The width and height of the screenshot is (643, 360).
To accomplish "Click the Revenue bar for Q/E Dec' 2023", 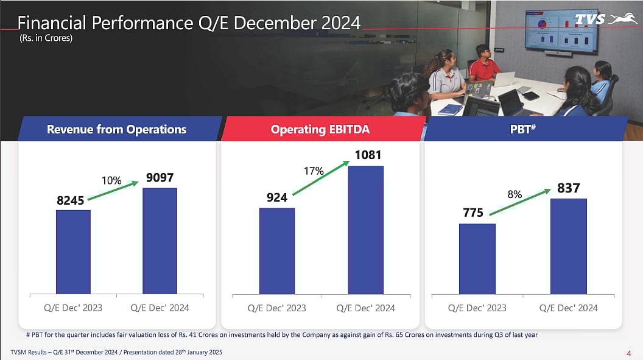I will (73, 252).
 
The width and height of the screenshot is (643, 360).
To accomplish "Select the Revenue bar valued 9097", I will (160, 241).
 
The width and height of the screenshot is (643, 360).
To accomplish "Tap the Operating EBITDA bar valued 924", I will (277, 251).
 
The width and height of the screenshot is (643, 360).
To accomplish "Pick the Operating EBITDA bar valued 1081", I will (365, 230).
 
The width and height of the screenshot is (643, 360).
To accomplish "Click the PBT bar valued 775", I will (477, 259).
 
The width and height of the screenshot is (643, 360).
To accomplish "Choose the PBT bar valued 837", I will (568, 246).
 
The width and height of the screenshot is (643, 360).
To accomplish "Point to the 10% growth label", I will (111, 181).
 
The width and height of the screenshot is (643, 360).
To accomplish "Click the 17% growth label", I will (314, 171).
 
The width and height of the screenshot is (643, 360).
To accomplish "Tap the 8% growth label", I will (515, 194).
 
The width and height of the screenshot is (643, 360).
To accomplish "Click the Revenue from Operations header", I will (117, 129).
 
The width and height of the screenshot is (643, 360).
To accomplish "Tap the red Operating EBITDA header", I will (320, 129).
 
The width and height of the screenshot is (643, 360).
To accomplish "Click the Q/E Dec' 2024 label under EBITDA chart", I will (365, 308).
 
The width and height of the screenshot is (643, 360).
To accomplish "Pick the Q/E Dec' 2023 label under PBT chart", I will (477, 308).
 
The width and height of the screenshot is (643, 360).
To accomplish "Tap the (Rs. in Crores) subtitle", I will (46, 38).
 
